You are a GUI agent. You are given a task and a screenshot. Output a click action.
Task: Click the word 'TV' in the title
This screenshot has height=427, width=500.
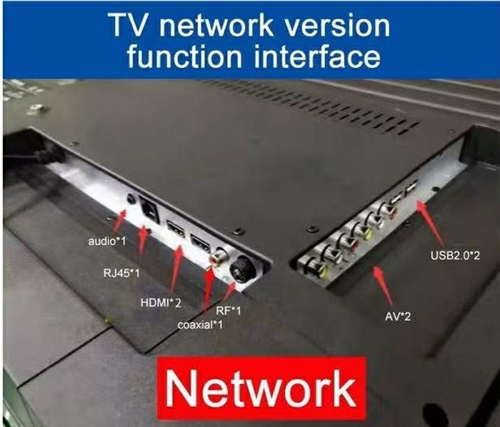[x=130, y=26]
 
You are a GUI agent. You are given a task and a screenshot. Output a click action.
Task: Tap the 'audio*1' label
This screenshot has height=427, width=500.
[x=106, y=241]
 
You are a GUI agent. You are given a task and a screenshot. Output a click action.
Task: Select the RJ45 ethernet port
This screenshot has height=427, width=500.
[x=149, y=211]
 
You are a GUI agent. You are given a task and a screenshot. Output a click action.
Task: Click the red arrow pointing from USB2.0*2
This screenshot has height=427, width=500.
[x=433, y=221]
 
